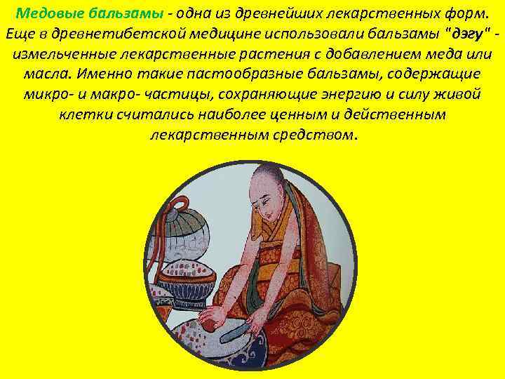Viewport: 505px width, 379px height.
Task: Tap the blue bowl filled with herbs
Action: (x=186, y=277)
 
